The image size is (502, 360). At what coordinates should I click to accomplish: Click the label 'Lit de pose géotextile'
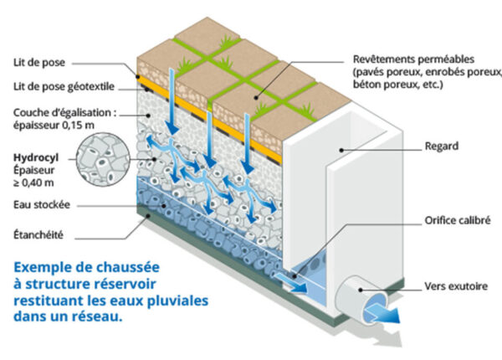[64, 87]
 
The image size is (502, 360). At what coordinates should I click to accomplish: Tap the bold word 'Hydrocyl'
[36, 157]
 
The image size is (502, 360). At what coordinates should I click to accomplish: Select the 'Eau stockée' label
[42, 204]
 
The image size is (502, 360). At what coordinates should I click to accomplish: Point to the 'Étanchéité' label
[38, 234]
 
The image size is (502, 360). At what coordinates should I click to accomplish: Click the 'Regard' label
[442, 147]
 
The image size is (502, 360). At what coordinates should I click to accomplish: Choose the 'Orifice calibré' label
[458, 220]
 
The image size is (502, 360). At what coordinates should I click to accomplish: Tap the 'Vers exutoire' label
[456, 286]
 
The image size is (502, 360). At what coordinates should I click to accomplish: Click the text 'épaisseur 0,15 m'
[54, 125]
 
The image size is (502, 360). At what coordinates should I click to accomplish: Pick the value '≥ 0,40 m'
[33, 183]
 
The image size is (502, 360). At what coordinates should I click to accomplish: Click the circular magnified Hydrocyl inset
[104, 159]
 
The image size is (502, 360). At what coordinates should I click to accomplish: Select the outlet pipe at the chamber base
[361, 299]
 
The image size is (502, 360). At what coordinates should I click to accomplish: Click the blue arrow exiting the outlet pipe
[382, 311]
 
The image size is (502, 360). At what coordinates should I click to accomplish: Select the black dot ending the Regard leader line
[342, 150]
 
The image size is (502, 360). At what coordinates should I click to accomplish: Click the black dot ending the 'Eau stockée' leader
[164, 206]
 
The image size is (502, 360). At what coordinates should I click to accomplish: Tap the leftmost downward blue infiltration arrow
[172, 102]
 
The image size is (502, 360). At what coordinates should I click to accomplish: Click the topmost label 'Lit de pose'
[39, 63]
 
